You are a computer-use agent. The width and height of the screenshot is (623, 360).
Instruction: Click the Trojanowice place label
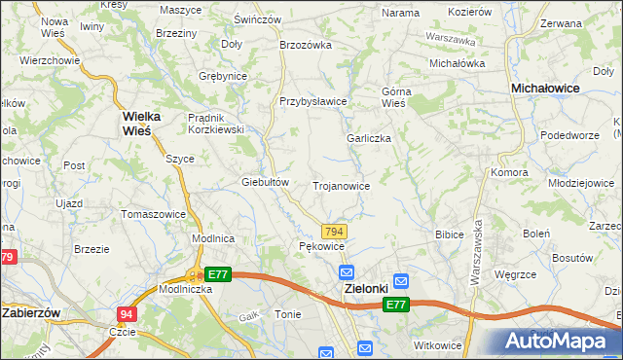(x=341, y=185)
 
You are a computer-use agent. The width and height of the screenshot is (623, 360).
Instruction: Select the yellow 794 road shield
(x=334, y=231)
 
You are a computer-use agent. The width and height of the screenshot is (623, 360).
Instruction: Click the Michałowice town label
(x=545, y=88)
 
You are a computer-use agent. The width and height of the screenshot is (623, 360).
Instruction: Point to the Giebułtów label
(x=266, y=182)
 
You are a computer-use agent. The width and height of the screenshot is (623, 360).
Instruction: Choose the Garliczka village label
(x=369, y=138)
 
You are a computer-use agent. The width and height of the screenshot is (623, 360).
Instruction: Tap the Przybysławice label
(x=313, y=101)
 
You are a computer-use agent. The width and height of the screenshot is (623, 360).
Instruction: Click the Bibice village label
(x=449, y=234)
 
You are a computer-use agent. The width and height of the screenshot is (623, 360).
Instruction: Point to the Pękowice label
(x=321, y=247)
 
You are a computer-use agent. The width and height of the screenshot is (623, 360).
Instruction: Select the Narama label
(x=400, y=13)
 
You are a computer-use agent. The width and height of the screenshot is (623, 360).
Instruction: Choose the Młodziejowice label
(x=580, y=182)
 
